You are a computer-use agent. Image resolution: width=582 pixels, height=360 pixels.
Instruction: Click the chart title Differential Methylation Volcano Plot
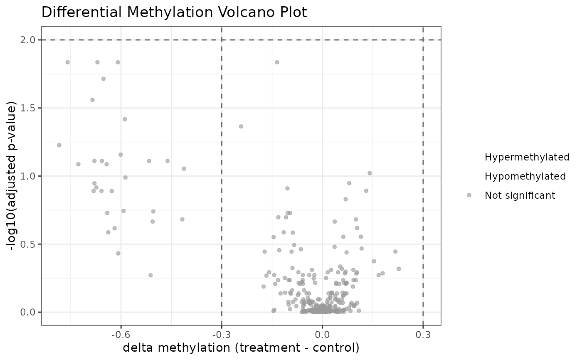coord(174,12)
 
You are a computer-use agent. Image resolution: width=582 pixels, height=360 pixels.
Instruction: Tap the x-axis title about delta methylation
coord(241,348)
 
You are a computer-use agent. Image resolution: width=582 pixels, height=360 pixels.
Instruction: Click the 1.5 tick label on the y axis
coord(29,108)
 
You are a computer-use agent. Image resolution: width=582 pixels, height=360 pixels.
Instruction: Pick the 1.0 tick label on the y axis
coord(29,176)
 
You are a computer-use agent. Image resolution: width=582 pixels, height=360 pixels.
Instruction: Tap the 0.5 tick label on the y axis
coord(29,244)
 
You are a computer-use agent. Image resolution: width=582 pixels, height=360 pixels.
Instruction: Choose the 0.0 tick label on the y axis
coord(29,312)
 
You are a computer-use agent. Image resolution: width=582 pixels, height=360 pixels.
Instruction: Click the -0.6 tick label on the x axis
coord(121,334)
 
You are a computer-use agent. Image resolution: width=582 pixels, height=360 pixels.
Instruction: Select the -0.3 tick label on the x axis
coord(221,334)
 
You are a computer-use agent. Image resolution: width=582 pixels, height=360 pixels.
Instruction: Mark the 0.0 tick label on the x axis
coord(322,334)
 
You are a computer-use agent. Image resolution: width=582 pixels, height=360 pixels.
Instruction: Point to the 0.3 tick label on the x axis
coord(423,334)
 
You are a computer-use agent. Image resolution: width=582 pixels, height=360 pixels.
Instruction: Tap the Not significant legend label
coord(520,195)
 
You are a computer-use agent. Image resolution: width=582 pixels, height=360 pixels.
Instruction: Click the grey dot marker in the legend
coord(469,195)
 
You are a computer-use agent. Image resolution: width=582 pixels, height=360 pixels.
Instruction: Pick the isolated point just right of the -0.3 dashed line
coord(241,126)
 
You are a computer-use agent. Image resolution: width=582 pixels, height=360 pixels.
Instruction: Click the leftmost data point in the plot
coord(59,145)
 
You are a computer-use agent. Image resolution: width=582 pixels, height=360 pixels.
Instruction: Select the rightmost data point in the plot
coord(399,269)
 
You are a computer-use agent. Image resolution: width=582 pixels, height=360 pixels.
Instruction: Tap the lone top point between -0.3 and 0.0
coord(277,62)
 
